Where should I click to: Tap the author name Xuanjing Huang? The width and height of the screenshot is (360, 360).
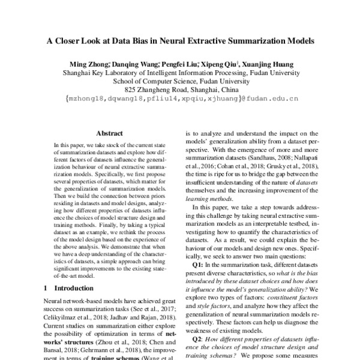[x=269, y=64]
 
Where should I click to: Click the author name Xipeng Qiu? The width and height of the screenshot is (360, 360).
[x=221, y=64]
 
